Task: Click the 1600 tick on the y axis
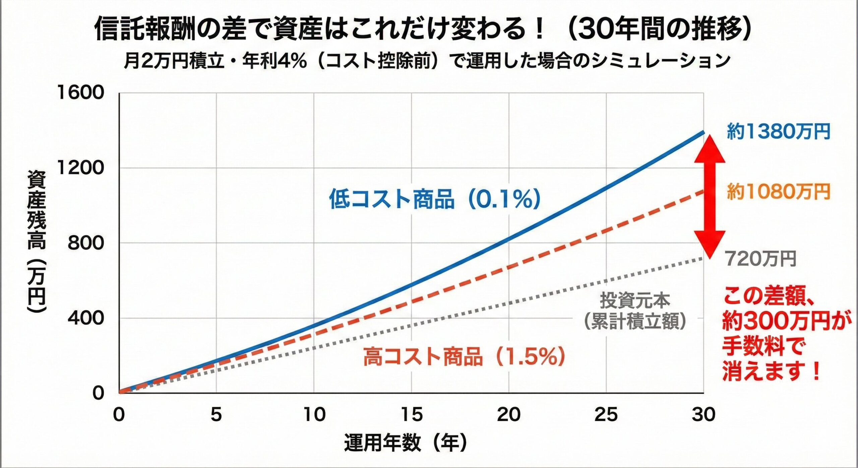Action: click(x=81, y=93)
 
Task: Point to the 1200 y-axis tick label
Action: click(x=81, y=168)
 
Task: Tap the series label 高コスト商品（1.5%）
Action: click(x=464, y=356)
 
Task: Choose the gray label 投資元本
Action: click(x=635, y=300)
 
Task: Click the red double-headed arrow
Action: click(x=710, y=196)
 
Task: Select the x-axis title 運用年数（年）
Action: click(x=405, y=443)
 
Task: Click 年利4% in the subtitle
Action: click(x=275, y=61)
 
